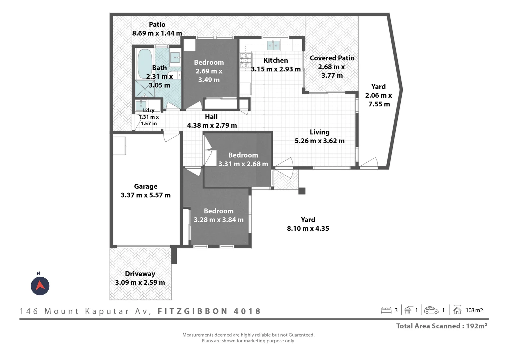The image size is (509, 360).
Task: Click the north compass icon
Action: pos(40,286)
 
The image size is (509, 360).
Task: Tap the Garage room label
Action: pos(146,186)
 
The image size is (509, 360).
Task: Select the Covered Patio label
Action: pos(332,58)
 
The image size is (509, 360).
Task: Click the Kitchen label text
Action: pos(275,60)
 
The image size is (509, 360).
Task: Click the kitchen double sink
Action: pos(273,45)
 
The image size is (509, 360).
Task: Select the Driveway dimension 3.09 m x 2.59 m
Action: pos(140,282)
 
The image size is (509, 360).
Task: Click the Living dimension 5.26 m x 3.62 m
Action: pos(319,141)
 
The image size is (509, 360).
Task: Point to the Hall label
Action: pos(211,117)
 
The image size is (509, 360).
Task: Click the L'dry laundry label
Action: pos(149,111)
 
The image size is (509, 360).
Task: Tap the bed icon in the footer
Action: pos(386,310)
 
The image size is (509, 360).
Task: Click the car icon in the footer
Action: pos(431,310)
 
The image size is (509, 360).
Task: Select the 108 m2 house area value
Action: pos(474,310)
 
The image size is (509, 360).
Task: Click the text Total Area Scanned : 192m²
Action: pos(441,326)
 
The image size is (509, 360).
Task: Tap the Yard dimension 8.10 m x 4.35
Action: pos(308,228)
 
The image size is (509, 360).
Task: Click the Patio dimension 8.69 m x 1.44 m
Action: pos(157,33)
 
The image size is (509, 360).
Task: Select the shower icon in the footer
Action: pos(407,310)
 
